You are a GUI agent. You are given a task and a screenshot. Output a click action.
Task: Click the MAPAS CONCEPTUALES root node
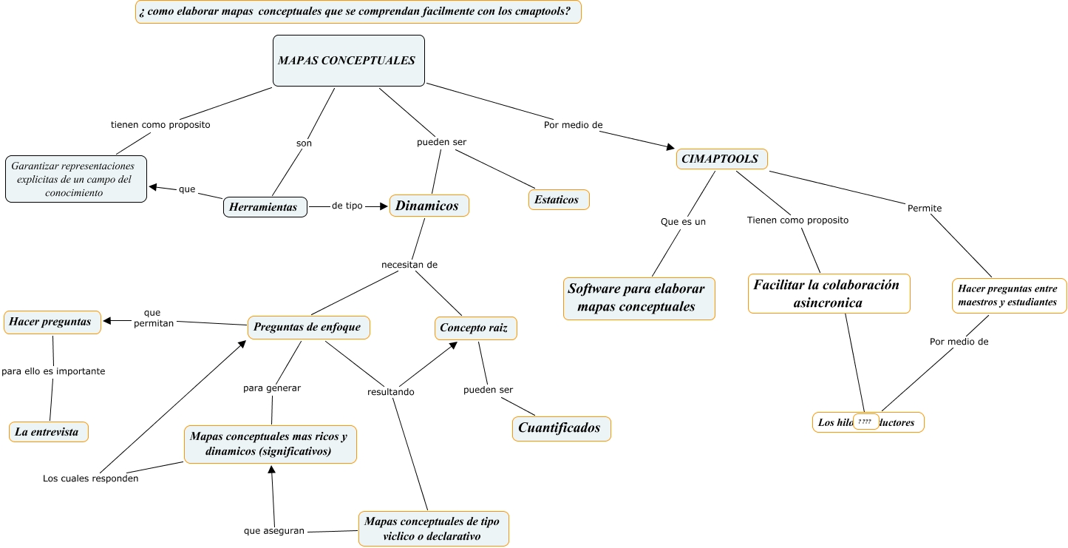pyautogui.click(x=348, y=61)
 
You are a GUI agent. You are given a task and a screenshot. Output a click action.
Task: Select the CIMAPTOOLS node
pyautogui.click(x=721, y=159)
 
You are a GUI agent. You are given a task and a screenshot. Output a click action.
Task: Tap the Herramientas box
pyautogui.click(x=265, y=208)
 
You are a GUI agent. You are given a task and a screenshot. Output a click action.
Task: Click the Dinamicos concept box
pyautogui.click(x=429, y=206)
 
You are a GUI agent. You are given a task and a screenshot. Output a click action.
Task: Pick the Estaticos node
pyautogui.click(x=559, y=200)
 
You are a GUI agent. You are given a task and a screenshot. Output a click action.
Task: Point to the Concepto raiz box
pyautogui.click(x=475, y=328)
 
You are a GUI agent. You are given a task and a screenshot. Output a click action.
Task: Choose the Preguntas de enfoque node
pyautogui.click(x=308, y=327)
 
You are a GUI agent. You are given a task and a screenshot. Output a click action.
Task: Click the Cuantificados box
pyautogui.click(x=561, y=428)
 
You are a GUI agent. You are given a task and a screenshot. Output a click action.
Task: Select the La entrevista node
pyautogui.click(x=48, y=432)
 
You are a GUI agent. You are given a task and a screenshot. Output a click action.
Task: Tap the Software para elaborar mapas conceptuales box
pyautogui.click(x=639, y=298)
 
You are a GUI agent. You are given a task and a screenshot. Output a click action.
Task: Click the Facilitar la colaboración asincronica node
pyautogui.click(x=828, y=294)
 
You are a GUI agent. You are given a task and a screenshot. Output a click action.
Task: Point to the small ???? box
pyautogui.click(x=865, y=422)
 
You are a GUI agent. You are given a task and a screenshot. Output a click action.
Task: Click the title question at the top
pyautogui.click(x=358, y=12)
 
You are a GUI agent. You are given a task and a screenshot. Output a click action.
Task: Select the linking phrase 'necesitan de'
pyautogui.click(x=409, y=265)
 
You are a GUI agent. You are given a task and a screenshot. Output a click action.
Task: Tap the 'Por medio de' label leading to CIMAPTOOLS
pyautogui.click(x=573, y=125)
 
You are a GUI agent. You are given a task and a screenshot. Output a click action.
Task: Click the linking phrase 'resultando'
pyautogui.click(x=391, y=392)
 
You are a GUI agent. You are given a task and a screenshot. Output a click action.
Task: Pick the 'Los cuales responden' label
pyautogui.click(x=90, y=478)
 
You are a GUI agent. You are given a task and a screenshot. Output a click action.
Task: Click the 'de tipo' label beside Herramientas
pyautogui.click(x=347, y=206)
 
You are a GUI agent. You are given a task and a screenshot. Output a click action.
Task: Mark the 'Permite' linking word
pyautogui.click(x=924, y=209)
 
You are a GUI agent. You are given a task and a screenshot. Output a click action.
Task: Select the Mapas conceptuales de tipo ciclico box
pyautogui.click(x=433, y=529)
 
